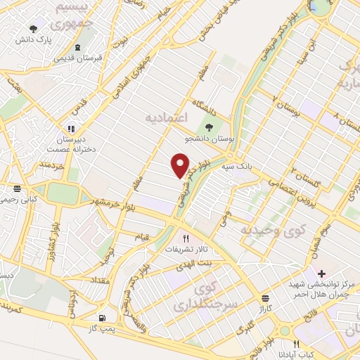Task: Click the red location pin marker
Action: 181,165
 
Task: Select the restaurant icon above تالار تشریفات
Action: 186,238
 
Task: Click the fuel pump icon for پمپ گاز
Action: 104,318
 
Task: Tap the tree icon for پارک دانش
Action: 33,29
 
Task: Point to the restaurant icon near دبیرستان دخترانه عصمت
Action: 70,128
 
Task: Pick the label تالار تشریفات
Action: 186,250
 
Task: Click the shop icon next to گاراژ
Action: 265,298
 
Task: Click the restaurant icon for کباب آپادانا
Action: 296,345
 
